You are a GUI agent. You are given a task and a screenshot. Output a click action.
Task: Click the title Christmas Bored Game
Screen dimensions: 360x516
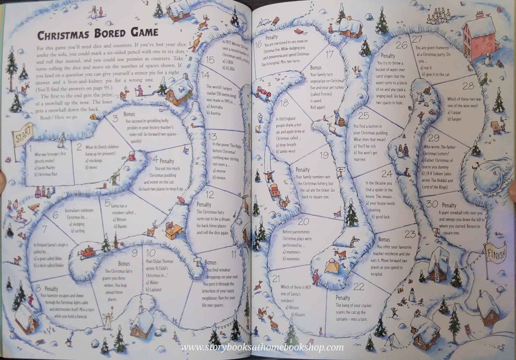[x=98, y=33]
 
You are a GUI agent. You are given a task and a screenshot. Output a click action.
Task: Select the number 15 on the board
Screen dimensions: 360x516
[x=210, y=60]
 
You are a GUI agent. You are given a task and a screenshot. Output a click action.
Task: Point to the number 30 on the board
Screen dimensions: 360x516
[x=432, y=204]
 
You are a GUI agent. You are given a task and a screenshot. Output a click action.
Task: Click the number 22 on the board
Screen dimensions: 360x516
[x=359, y=286]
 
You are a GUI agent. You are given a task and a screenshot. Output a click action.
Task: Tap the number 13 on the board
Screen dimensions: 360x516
[x=212, y=137]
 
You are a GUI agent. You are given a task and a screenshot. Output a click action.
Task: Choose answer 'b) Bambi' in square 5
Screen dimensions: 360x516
[x=121, y=226]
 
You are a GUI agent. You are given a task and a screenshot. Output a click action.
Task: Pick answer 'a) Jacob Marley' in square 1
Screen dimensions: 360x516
[x=45, y=168]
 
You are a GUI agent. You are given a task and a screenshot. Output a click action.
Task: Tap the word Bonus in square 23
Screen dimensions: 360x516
[x=384, y=239]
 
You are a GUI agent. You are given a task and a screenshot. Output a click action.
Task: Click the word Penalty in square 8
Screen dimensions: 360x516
[x=51, y=289]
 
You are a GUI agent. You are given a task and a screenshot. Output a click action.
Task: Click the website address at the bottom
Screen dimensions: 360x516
[x=262, y=347]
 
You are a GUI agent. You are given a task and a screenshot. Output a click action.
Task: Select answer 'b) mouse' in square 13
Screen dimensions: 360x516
[x=219, y=178]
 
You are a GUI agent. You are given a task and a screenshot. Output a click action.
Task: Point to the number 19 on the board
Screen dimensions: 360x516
[x=324, y=155]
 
